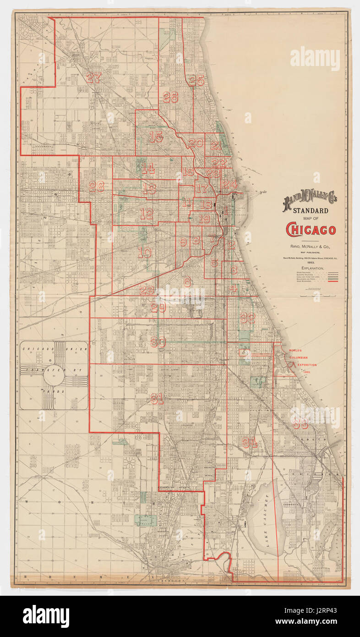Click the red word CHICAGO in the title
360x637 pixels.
pyautogui.click(x=311, y=230)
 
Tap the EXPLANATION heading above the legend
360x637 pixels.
pyautogui.click(x=312, y=268)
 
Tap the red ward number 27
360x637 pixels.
pyautogui.click(x=93, y=78)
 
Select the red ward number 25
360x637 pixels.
pyautogui.click(x=196, y=80)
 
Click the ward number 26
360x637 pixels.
pyautogui.click(x=170, y=97)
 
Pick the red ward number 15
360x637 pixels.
pyautogui.click(x=156, y=137)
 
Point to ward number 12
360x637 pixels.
pyautogui.click(x=146, y=213)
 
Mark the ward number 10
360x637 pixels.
pyautogui.click(x=145, y=253)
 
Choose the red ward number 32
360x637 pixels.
pyautogui.click(x=247, y=318)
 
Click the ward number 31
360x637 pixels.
pyautogui.click(x=157, y=399)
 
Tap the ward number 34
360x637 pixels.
pyautogui.click(x=250, y=443)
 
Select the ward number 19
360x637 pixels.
pyautogui.click(x=204, y=219)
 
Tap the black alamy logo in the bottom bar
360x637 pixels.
pyautogui.click(x=46, y=616)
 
